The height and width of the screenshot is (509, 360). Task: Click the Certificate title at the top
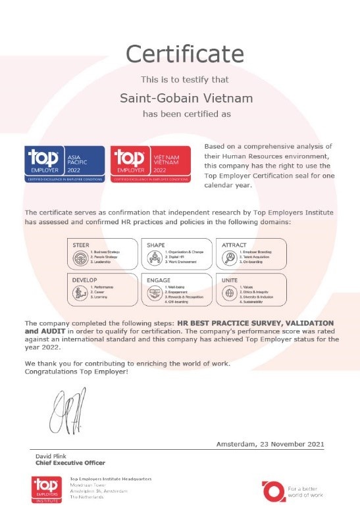coord(180,52)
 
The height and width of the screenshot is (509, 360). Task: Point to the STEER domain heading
coord(80,244)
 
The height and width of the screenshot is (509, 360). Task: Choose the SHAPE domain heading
coord(156,244)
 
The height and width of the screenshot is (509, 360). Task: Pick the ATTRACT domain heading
coord(234,244)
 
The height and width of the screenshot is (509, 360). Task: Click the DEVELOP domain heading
coord(84,279)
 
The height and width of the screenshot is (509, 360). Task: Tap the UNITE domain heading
coord(230,279)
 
